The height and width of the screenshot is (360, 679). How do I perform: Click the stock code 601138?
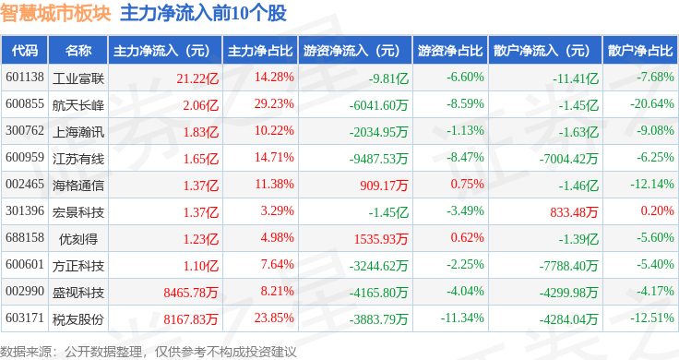[25, 78]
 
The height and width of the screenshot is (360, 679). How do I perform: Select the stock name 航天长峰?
[78, 105]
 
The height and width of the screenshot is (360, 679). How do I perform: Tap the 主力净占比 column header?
[260, 51]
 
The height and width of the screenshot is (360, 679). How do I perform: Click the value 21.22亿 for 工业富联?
[197, 78]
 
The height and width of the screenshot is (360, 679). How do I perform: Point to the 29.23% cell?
[274, 104]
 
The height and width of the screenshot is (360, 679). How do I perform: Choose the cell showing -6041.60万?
[379, 105]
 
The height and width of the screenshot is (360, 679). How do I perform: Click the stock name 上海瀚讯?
[78, 132]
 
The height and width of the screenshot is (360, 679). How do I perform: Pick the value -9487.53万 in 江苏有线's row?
[379, 159]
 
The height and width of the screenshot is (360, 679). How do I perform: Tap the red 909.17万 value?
[384, 186]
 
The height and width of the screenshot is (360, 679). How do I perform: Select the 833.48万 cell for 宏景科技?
[574, 212]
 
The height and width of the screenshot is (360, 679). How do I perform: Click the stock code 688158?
[25, 237]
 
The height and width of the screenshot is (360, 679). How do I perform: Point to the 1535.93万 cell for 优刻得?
[381, 239]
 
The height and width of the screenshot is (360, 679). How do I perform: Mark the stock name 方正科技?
[78, 266]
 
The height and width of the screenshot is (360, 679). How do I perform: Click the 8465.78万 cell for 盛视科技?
[191, 293]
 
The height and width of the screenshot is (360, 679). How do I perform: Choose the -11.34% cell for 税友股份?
[462, 318]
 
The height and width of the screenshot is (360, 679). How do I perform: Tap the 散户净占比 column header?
[640, 51]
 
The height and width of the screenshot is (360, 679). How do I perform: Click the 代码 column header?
[25, 51]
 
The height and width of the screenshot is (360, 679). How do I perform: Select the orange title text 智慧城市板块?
[56, 13]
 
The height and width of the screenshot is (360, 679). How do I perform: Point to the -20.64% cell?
[652, 104]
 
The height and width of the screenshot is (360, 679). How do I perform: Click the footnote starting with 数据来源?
[149, 352]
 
